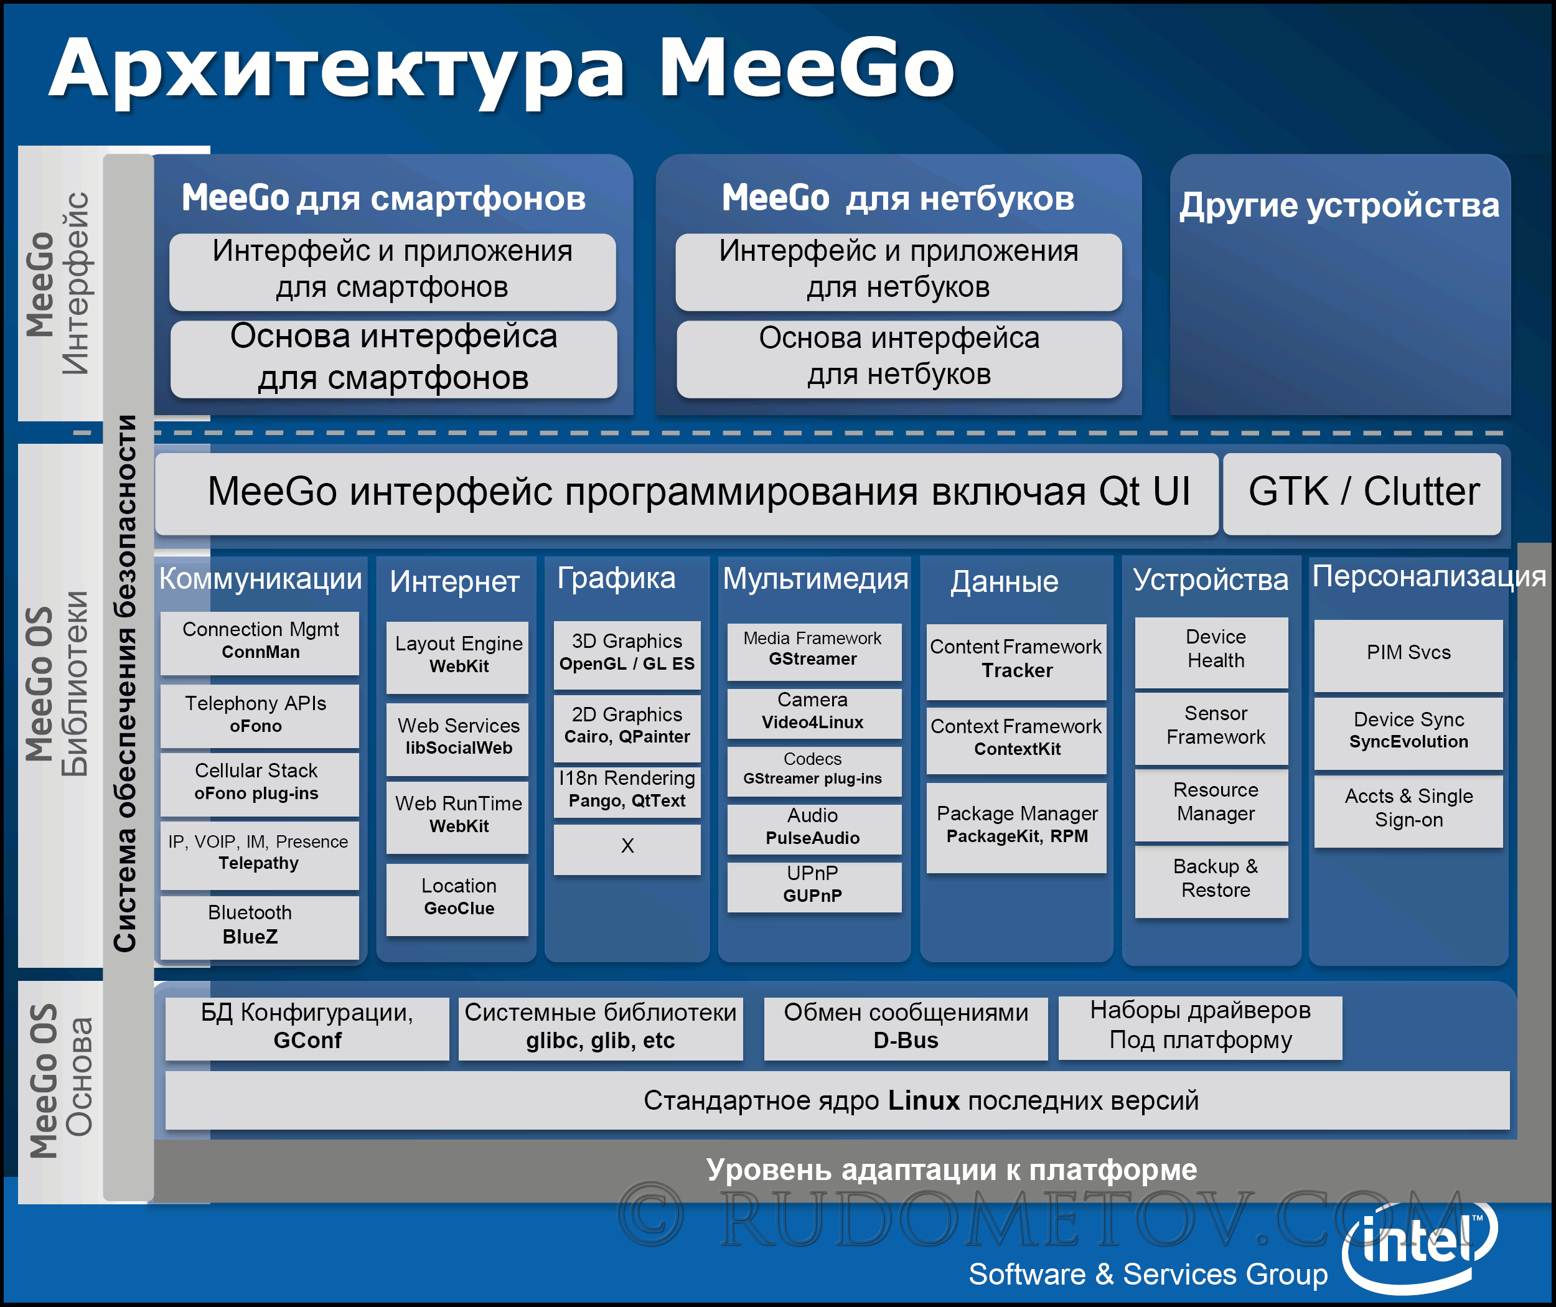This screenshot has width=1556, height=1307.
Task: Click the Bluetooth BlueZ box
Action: point(260,927)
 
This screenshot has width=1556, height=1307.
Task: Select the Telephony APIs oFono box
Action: point(260,715)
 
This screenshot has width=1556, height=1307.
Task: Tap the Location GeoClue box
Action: point(457,899)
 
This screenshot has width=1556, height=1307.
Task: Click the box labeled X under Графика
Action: point(627,849)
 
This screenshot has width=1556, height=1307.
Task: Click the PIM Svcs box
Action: point(1408,655)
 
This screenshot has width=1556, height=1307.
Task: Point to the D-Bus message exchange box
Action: point(906,1028)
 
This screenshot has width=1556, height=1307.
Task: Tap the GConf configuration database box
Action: point(307,1028)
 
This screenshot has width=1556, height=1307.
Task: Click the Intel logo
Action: point(1419,1244)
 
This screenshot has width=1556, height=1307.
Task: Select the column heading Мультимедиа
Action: point(815,579)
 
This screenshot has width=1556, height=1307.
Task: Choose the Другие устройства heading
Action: point(1339,205)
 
